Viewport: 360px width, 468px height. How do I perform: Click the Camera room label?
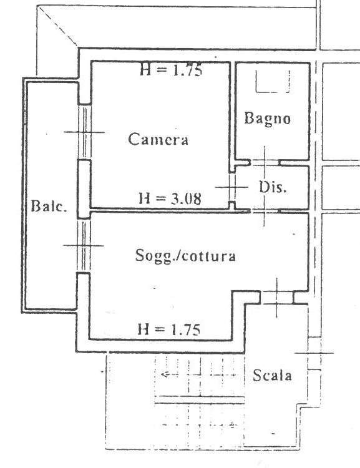click(x=158, y=139)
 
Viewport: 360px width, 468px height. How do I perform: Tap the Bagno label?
click(x=268, y=119)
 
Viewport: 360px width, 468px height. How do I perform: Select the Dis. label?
click(x=273, y=187)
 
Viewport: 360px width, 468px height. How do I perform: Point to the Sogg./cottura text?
click(x=185, y=256)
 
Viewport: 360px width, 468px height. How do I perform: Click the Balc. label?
click(x=49, y=206)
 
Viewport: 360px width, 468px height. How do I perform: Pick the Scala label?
click(x=272, y=375)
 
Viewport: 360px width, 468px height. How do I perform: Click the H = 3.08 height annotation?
click(x=170, y=198)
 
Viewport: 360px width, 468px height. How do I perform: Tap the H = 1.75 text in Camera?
click(x=171, y=70)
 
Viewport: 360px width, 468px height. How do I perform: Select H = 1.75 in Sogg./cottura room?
click(x=169, y=330)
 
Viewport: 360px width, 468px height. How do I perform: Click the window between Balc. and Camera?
click(x=85, y=132)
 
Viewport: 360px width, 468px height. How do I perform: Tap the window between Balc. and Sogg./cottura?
click(x=84, y=246)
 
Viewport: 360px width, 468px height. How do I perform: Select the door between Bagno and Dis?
click(x=265, y=163)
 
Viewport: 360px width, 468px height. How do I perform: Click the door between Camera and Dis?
click(x=232, y=187)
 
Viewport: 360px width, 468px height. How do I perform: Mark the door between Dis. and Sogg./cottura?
click(x=264, y=211)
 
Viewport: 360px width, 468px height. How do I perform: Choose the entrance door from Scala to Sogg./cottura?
click(x=277, y=298)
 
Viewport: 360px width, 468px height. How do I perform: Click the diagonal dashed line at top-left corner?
click(x=58, y=27)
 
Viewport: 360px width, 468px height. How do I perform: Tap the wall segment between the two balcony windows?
click(x=84, y=190)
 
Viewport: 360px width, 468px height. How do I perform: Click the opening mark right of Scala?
click(x=314, y=353)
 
